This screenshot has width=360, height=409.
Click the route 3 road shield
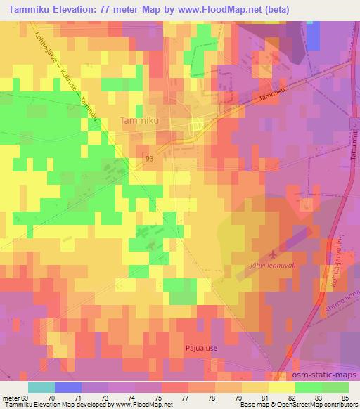[x=353, y=123]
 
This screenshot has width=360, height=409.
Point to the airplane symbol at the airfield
[x=273, y=253]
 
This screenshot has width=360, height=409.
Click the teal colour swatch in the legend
[x=41, y=387]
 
